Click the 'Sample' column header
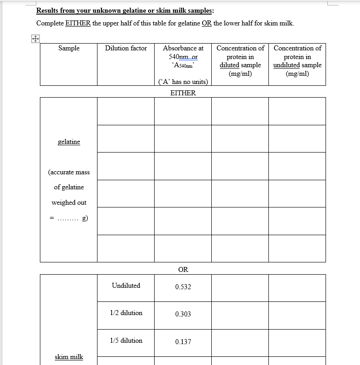click(x=69, y=48)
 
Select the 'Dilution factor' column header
click(x=126, y=48)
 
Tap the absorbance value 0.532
click(x=183, y=287)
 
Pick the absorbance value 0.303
click(x=183, y=314)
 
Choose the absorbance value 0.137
click(x=183, y=341)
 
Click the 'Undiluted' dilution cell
click(x=126, y=286)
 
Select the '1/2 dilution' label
click(x=126, y=313)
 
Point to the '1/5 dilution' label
click(x=126, y=340)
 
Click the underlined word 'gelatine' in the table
click(x=69, y=142)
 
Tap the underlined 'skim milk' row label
click(x=69, y=357)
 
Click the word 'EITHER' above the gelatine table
click(x=183, y=93)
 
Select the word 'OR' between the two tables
click(x=183, y=270)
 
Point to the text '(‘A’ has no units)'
click(x=183, y=82)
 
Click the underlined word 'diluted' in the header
click(x=229, y=65)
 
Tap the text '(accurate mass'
click(x=69, y=172)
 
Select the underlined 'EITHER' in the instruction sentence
click(x=78, y=23)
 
